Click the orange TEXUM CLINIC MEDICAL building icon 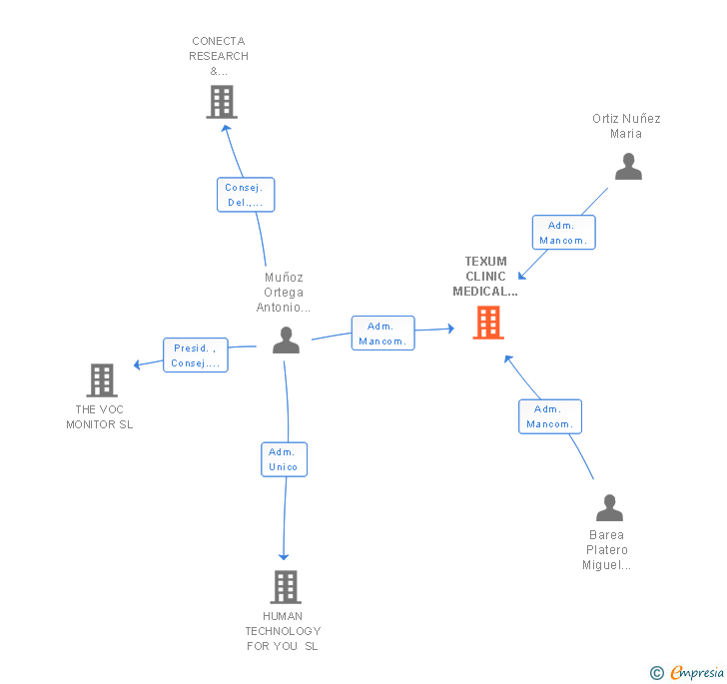pyautogui.click(x=488, y=323)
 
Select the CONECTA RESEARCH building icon pyautogui.click(x=222, y=102)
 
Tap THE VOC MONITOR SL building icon pyautogui.click(x=102, y=380)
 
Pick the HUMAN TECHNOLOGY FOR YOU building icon pyautogui.click(x=286, y=586)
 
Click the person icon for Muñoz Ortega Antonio pyautogui.click(x=286, y=340)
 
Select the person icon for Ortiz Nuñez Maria pyautogui.click(x=629, y=166)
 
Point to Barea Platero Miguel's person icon pyautogui.click(x=610, y=508)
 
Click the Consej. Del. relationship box pyautogui.click(x=246, y=195)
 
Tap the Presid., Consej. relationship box pyautogui.click(x=196, y=355)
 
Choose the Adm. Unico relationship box pyautogui.click(x=285, y=459)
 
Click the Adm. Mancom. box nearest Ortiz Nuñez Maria pyautogui.click(x=564, y=233)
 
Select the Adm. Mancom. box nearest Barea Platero pyautogui.click(x=550, y=416)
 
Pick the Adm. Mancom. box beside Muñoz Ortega pyautogui.click(x=383, y=333)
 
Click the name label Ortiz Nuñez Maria pyautogui.click(x=626, y=126)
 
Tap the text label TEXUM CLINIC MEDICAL pyautogui.click(x=485, y=277)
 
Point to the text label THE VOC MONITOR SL pyautogui.click(x=100, y=417)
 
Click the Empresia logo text pyautogui.click(x=697, y=672)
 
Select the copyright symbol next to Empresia pyautogui.click(x=657, y=672)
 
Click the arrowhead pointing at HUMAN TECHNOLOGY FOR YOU pyautogui.click(x=284, y=557)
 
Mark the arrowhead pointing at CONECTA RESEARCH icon pyautogui.click(x=226, y=129)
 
